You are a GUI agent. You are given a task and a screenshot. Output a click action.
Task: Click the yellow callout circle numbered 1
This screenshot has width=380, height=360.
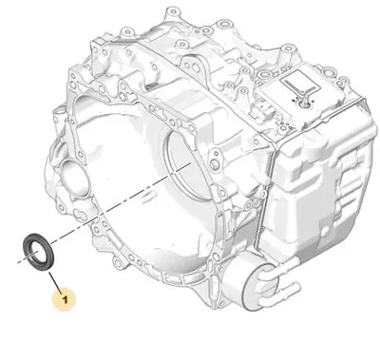tap(65, 299)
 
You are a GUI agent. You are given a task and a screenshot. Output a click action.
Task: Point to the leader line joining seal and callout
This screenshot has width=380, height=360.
tap(54, 281)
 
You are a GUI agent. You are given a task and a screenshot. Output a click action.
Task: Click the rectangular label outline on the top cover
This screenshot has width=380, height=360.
tap(298, 83)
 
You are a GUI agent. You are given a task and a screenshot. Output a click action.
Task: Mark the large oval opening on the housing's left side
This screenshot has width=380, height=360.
tap(74, 180)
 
